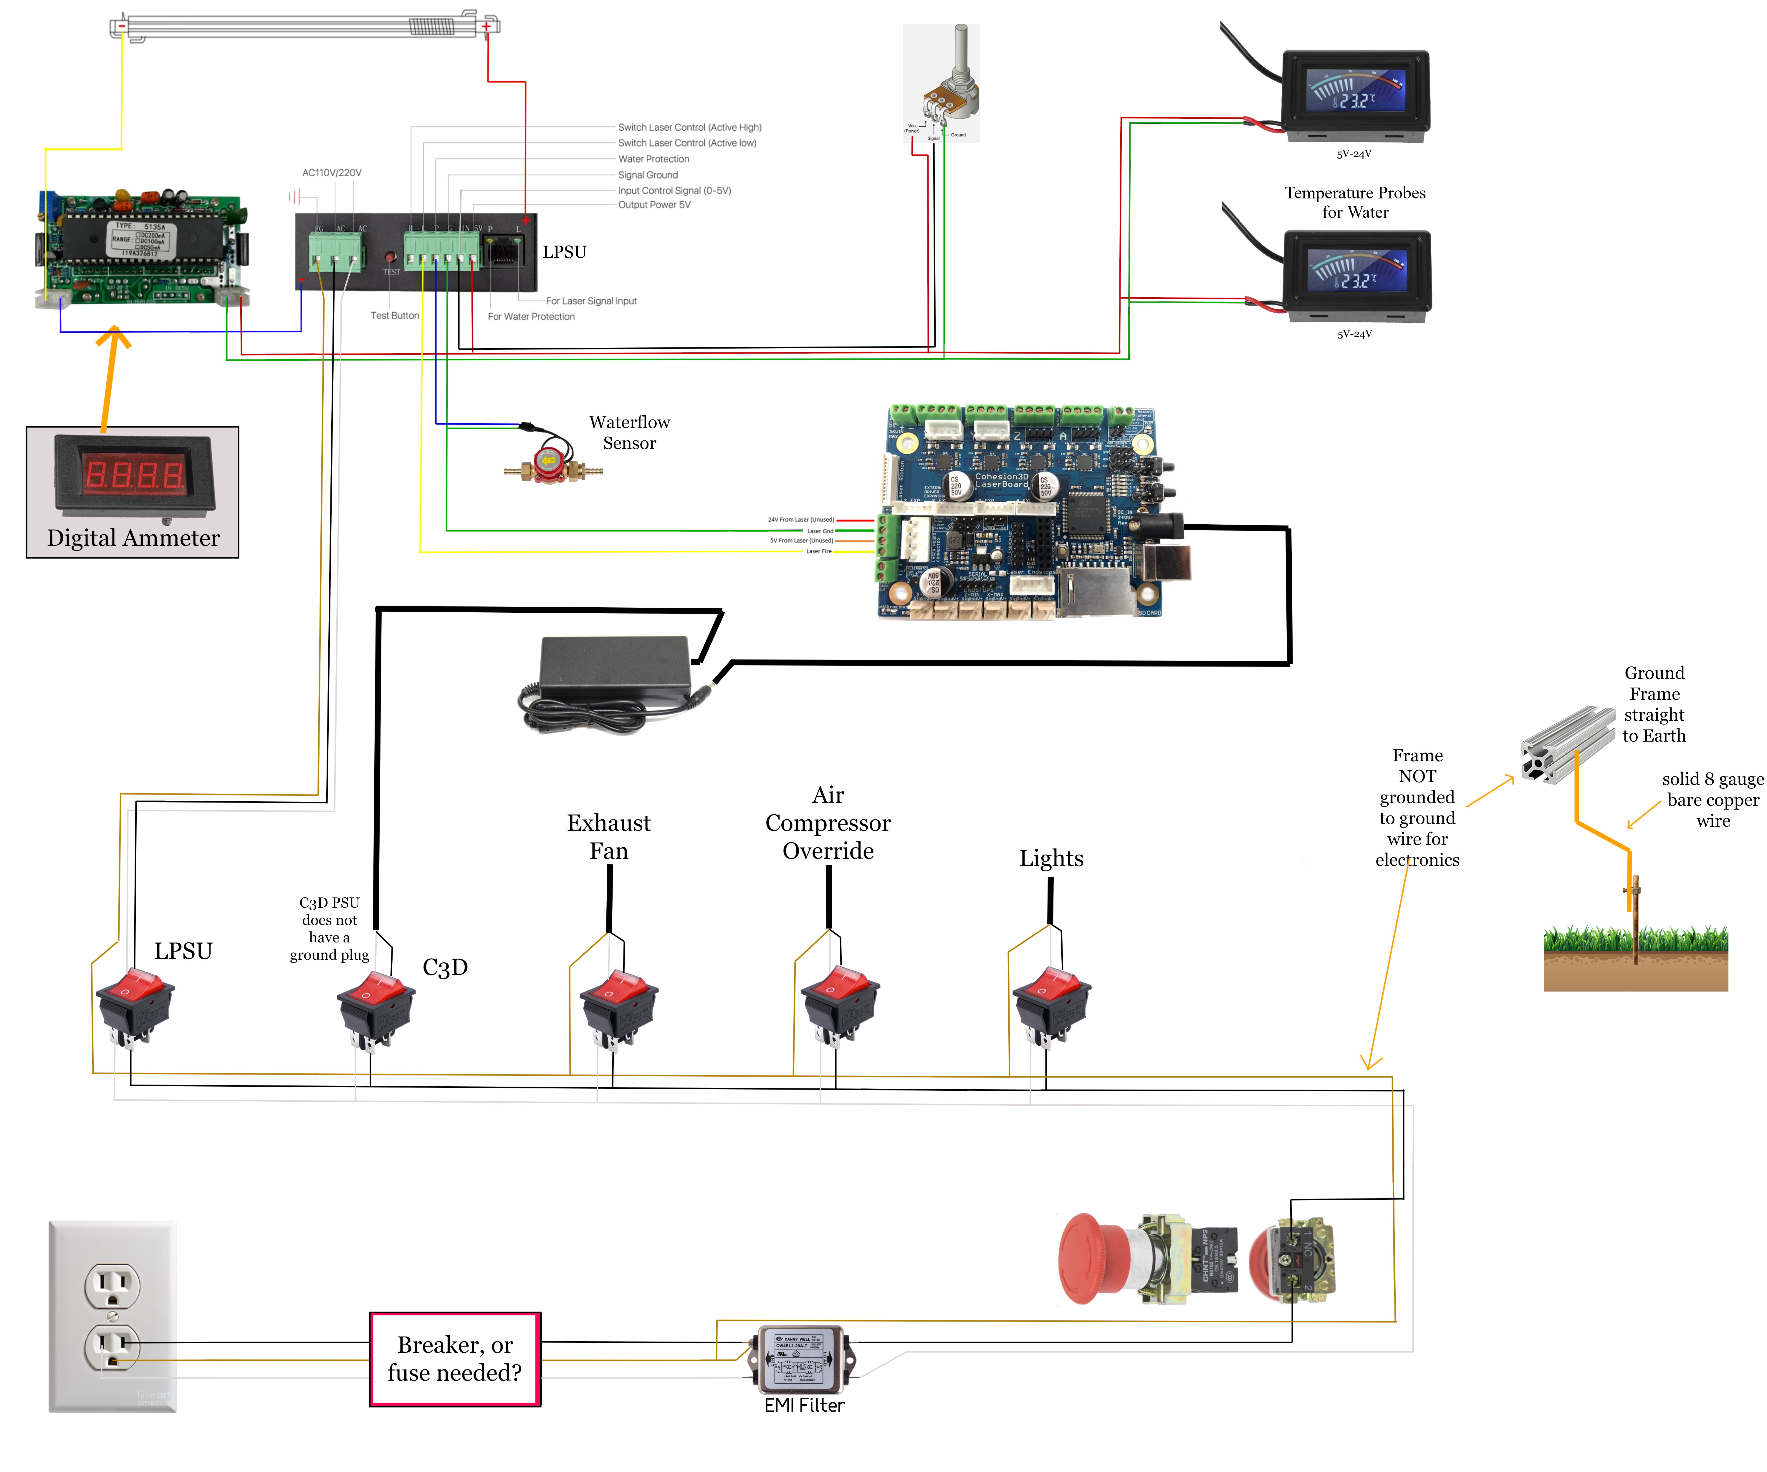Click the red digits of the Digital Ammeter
point(135,475)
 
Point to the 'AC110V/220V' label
point(332,173)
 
